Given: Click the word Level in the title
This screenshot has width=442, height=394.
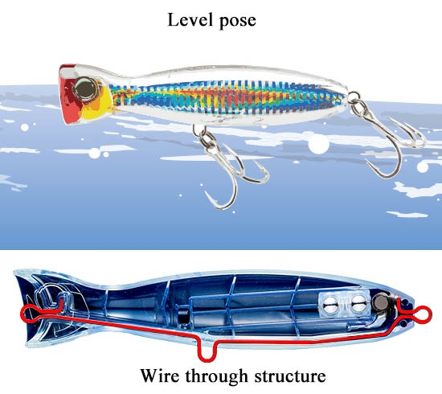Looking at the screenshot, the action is [190, 20].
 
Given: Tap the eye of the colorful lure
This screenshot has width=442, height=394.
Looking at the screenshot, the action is [85, 88].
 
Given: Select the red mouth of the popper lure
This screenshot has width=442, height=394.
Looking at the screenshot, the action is [69, 96].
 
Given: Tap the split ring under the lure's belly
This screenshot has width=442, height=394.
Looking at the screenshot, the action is [199, 130].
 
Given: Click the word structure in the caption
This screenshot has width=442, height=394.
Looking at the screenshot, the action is [290, 376].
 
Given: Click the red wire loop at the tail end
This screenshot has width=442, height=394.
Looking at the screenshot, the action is [422, 314].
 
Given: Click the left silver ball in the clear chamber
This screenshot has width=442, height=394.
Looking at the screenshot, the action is [330, 304].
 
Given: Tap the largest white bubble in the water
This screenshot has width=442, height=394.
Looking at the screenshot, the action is [318, 144].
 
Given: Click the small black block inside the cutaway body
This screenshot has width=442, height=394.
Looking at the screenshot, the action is [183, 317].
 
